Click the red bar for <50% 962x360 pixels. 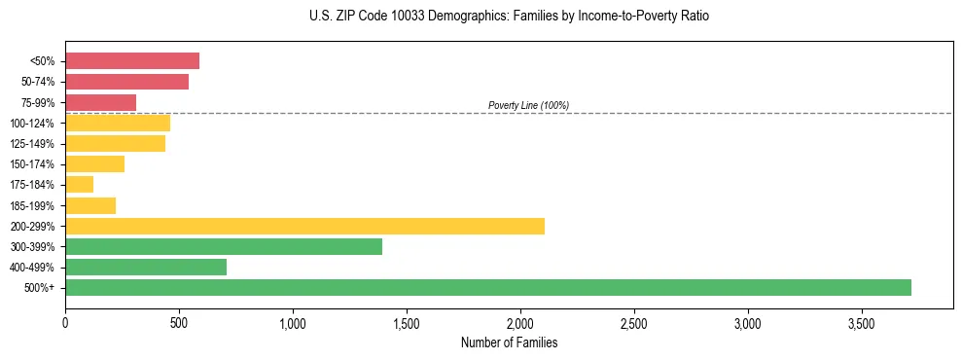point(132,61)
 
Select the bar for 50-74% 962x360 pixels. point(126,82)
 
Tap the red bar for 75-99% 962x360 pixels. point(100,102)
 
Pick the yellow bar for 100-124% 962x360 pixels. point(118,123)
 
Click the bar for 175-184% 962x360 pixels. point(79,184)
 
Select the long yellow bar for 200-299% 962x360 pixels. point(304,226)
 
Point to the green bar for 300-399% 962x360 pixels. point(224,246)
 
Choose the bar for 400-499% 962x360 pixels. point(146,267)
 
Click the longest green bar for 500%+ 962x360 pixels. point(488,287)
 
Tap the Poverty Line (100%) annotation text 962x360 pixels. point(528,105)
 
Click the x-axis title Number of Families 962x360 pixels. point(509,342)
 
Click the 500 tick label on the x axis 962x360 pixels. point(179,322)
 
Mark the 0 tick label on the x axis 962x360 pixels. point(65,322)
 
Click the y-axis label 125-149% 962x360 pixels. point(34,144)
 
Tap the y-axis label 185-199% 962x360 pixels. point(34,205)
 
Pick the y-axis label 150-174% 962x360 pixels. point(34,164)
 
